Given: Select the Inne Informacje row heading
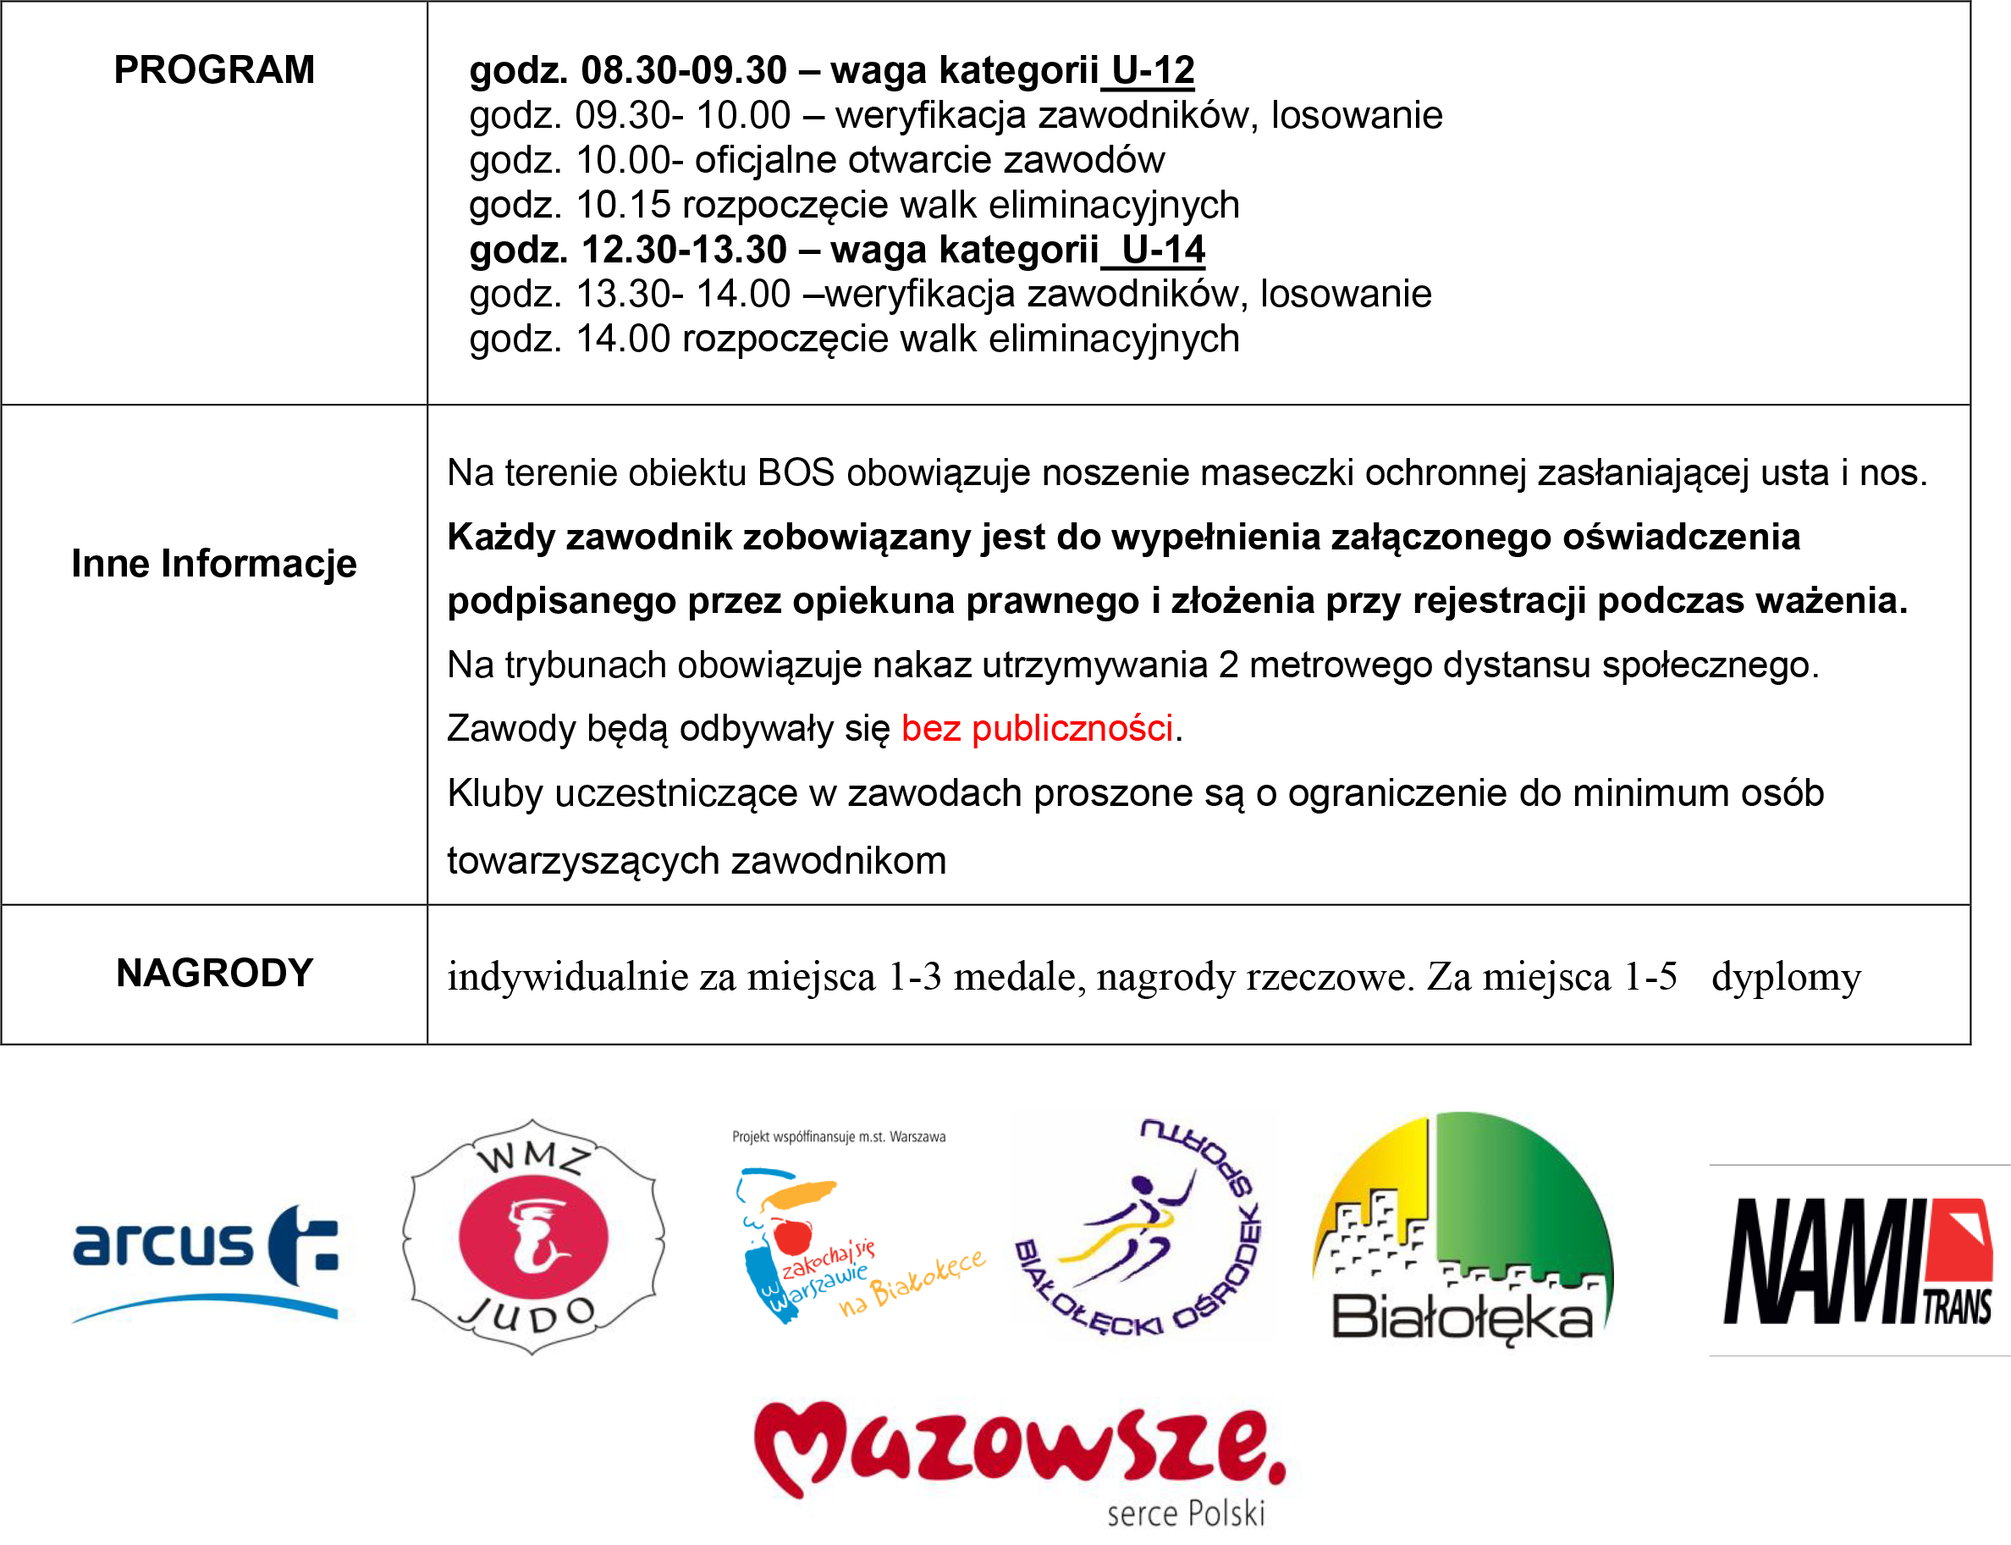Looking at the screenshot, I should [x=213, y=563].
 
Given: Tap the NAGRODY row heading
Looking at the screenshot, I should [x=214, y=973].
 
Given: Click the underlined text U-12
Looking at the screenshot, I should [x=1152, y=70].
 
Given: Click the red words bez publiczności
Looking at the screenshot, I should [x=1036, y=728].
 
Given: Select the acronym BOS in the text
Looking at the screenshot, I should [x=796, y=472].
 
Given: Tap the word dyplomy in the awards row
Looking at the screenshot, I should [x=1786, y=977].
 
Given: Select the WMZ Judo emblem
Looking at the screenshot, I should [x=533, y=1237].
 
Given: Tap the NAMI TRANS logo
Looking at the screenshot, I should [x=1858, y=1260].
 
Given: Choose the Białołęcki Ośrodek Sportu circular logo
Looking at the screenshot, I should [x=1140, y=1228].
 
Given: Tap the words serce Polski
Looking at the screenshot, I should [x=1185, y=1514].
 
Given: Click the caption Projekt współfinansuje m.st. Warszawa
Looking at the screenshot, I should [x=839, y=1137].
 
